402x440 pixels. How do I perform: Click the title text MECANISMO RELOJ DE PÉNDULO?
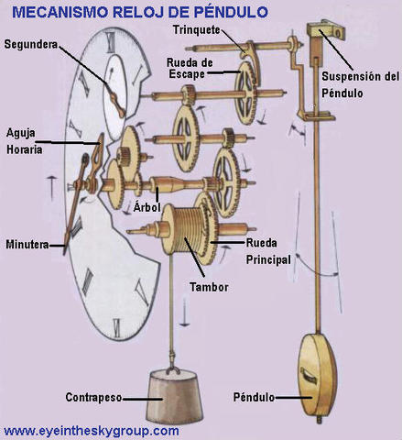pos(139,11)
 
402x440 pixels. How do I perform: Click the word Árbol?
pos(147,207)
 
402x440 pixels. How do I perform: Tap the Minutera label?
pos(26,245)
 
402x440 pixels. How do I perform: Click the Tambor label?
pos(209,287)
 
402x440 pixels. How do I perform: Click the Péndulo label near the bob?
pos(250,397)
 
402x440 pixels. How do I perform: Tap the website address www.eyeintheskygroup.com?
pos(92,430)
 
